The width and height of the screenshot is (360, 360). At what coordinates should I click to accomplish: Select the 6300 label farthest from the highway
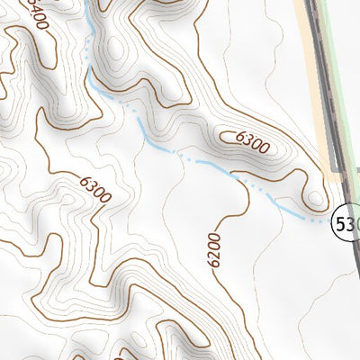coord(94,189)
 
